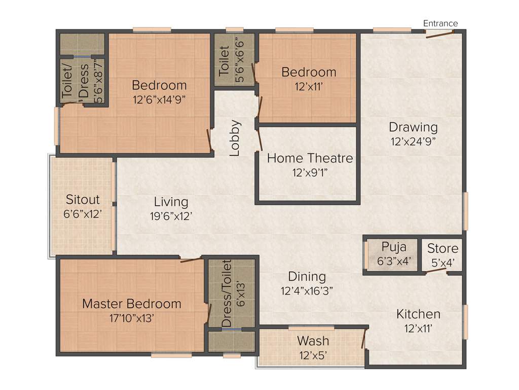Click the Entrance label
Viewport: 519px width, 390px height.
pyautogui.click(x=440, y=23)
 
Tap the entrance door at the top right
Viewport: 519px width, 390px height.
pyautogui.click(x=439, y=35)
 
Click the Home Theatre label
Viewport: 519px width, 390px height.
pyautogui.click(x=310, y=158)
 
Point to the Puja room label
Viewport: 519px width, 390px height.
pyautogui.click(x=394, y=247)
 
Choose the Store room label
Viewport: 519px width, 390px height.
pyautogui.click(x=442, y=248)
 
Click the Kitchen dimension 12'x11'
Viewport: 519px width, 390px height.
pyautogui.click(x=418, y=329)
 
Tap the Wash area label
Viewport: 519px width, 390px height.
pyautogui.click(x=313, y=341)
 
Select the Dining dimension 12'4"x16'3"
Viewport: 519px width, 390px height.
pyautogui.click(x=307, y=291)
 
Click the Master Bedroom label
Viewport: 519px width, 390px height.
pyautogui.click(x=131, y=304)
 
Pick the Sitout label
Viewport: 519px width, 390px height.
pyautogui.click(x=83, y=200)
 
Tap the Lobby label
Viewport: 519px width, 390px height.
pyautogui.click(x=234, y=138)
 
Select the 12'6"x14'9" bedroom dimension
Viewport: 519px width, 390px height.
pyautogui.click(x=160, y=100)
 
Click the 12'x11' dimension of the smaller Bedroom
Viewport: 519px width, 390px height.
pyautogui.click(x=309, y=86)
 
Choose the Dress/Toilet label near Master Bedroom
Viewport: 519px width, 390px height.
pyautogui.click(x=227, y=294)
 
